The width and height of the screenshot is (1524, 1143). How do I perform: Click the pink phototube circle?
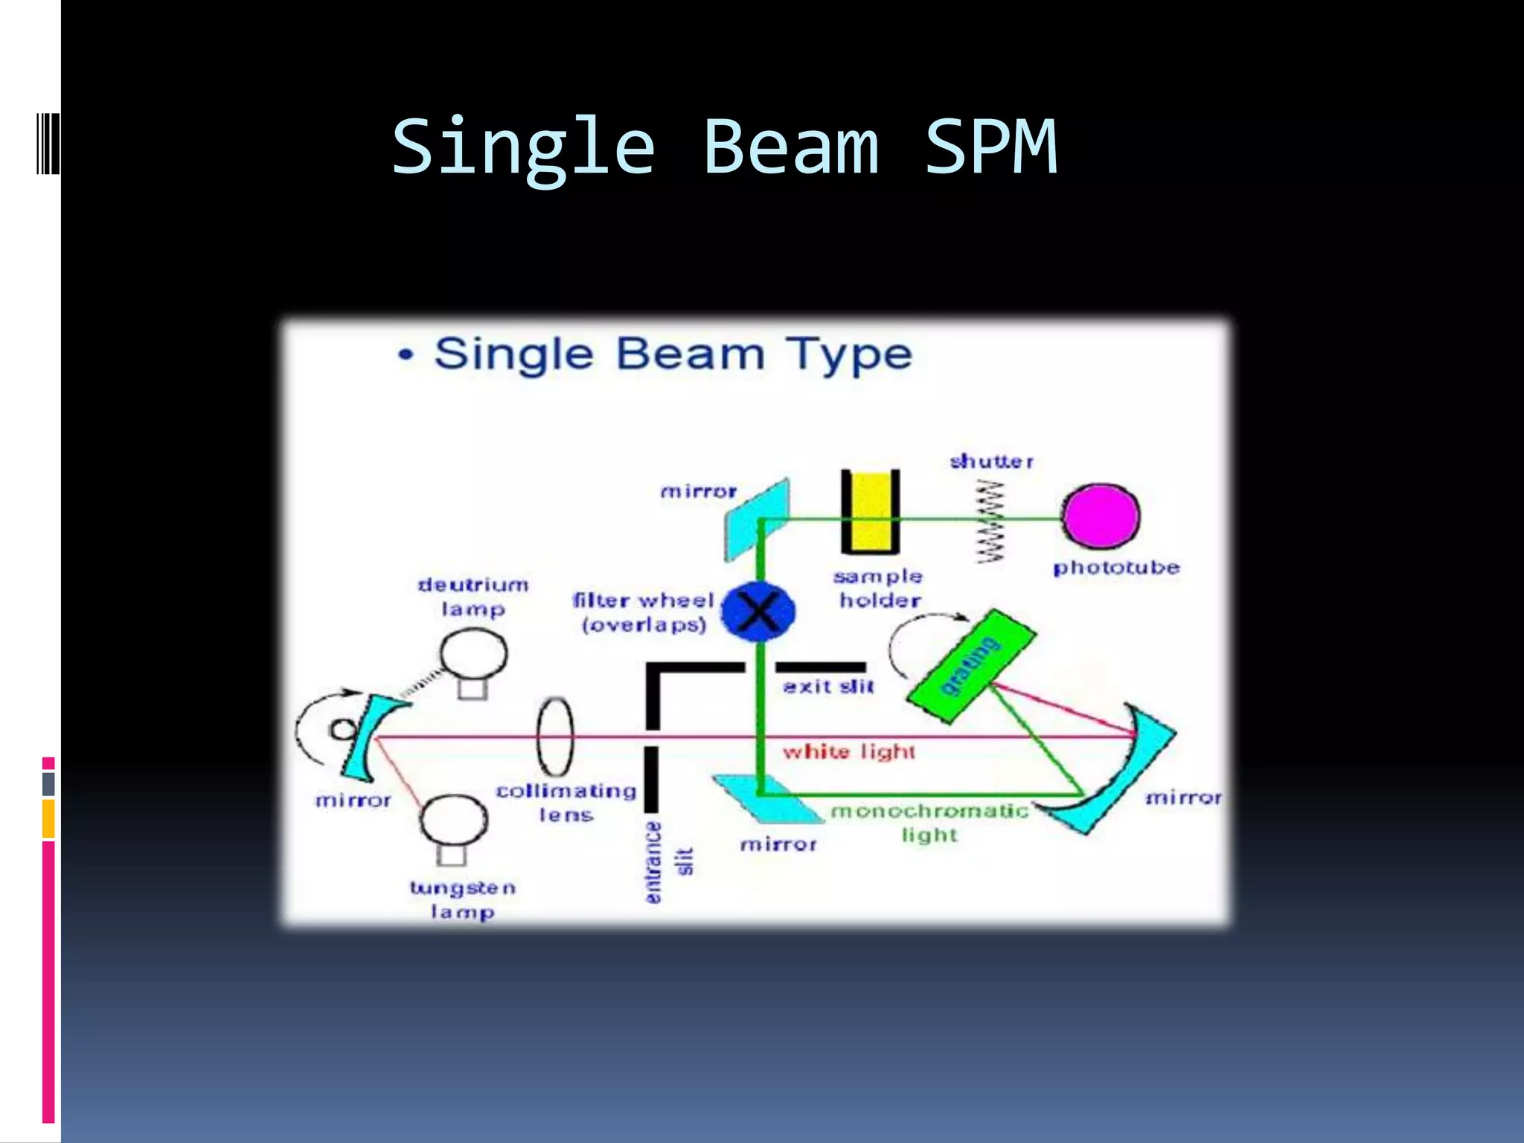coord(1101,516)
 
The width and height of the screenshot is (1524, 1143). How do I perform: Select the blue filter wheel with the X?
coord(759,612)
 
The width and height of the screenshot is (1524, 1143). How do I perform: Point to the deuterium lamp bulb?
coord(473,654)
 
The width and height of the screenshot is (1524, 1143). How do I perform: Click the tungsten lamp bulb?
coord(453,821)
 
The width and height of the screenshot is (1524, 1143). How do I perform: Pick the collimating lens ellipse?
coord(555,737)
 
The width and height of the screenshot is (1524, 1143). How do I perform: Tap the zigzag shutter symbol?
coord(990,522)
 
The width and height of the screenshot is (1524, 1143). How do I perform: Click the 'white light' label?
coord(848,752)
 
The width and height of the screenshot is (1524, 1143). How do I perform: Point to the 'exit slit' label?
coord(828,687)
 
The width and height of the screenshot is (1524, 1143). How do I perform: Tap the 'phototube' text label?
coord(1116,568)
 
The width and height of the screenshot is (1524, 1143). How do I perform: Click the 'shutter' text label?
coord(991,461)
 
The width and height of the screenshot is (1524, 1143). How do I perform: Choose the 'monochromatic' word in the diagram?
coord(929,810)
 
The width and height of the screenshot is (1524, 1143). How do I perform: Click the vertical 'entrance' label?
coord(653,862)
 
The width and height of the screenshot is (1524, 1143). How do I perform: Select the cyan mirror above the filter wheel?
coord(756,518)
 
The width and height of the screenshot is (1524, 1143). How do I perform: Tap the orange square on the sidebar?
coord(48,819)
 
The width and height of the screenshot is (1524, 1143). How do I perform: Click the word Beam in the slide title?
coord(790,147)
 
